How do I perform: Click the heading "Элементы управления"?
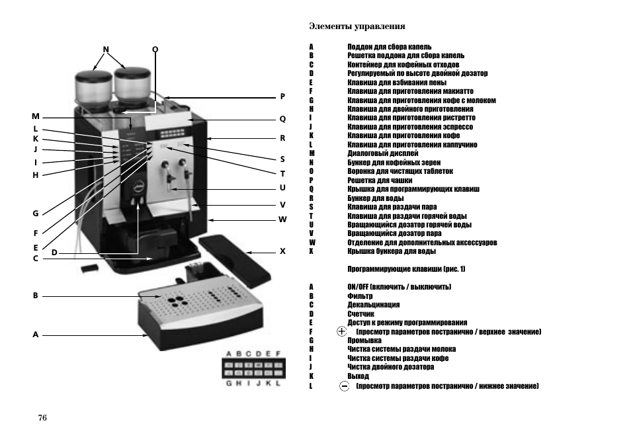pyautogui.click(x=357, y=26)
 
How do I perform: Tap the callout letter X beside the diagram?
pyautogui.click(x=282, y=251)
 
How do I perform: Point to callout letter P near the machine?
pyautogui.click(x=282, y=96)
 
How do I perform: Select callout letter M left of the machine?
pyautogui.click(x=36, y=116)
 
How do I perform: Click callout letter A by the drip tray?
pyautogui.click(x=36, y=335)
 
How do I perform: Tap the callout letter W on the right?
pyautogui.click(x=282, y=219)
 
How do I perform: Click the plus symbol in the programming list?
pyautogui.click(x=342, y=331)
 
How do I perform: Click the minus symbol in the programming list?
pyautogui.click(x=344, y=385)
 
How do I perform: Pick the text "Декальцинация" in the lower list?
pyautogui.click(x=373, y=305)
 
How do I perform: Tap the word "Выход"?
pyautogui.click(x=358, y=376)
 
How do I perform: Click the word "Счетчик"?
pyautogui.click(x=360, y=314)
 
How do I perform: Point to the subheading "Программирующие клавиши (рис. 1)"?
pyautogui.click(x=406, y=269)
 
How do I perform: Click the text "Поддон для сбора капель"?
pyautogui.click(x=389, y=47)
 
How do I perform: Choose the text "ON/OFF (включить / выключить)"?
pyautogui.click(x=399, y=287)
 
